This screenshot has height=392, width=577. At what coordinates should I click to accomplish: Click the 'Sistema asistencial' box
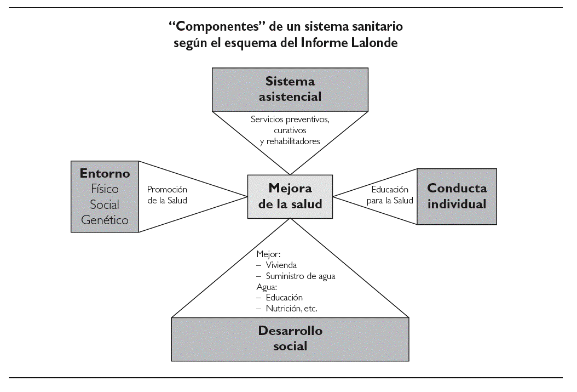pos(290,89)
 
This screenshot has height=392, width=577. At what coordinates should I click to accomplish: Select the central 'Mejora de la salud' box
pos(290,196)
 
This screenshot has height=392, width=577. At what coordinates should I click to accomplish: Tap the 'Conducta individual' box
pos(457,196)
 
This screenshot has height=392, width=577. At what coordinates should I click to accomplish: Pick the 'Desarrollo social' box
pos(290,339)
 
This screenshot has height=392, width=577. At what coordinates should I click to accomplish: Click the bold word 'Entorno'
pos(105,174)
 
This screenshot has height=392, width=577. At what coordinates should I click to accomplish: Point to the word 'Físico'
pos(105,189)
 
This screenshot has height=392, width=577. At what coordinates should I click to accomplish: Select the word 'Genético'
pos(105,220)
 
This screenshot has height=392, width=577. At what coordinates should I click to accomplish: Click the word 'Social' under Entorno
pos(105,204)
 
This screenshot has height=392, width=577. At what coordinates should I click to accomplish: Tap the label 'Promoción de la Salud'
pos(167,195)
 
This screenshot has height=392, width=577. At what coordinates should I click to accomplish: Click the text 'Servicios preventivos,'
pos(290,119)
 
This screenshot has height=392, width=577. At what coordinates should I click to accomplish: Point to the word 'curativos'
pos(290,130)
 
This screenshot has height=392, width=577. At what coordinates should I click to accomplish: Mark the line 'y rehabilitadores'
pos(290,141)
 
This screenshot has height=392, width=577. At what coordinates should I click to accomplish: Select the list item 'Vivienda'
pos(281,265)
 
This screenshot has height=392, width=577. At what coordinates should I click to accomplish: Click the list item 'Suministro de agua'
pos(300,276)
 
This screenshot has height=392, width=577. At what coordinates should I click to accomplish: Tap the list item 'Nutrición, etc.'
pos(291,309)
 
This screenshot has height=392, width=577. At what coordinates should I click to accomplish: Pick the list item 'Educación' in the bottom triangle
pos(284,298)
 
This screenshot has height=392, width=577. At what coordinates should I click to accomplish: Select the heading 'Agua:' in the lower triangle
pos(267,287)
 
